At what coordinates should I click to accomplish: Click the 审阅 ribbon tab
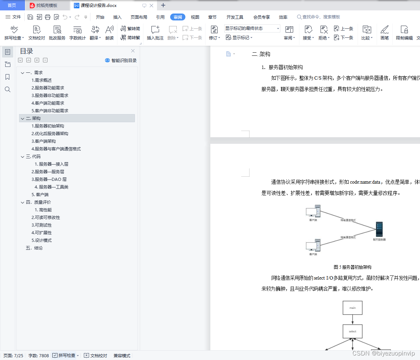point(177,17)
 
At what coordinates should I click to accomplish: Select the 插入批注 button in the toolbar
point(155,33)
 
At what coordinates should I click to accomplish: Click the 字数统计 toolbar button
point(77,33)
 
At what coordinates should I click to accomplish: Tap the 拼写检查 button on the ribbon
point(14,33)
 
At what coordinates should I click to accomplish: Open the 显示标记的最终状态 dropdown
point(252,28)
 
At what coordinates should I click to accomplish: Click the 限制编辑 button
point(404,33)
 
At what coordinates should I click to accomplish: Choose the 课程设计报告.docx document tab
point(98,6)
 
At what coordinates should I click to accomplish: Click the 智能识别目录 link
point(121,60)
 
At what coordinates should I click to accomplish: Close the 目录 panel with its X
point(133,51)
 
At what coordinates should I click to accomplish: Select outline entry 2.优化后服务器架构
point(50,134)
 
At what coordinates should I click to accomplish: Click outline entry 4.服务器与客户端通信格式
point(56,149)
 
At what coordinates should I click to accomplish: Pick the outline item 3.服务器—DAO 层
point(49,179)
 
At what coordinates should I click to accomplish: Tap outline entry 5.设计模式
point(42,240)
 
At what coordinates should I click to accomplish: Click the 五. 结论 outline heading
point(34,248)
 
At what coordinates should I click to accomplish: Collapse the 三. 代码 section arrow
point(23,157)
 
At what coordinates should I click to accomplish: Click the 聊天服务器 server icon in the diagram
point(379,229)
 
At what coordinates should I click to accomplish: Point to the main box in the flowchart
point(352,308)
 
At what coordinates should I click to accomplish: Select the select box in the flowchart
point(352,332)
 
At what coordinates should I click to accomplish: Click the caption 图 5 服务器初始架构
point(352,267)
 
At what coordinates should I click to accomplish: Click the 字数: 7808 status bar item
point(38,355)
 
